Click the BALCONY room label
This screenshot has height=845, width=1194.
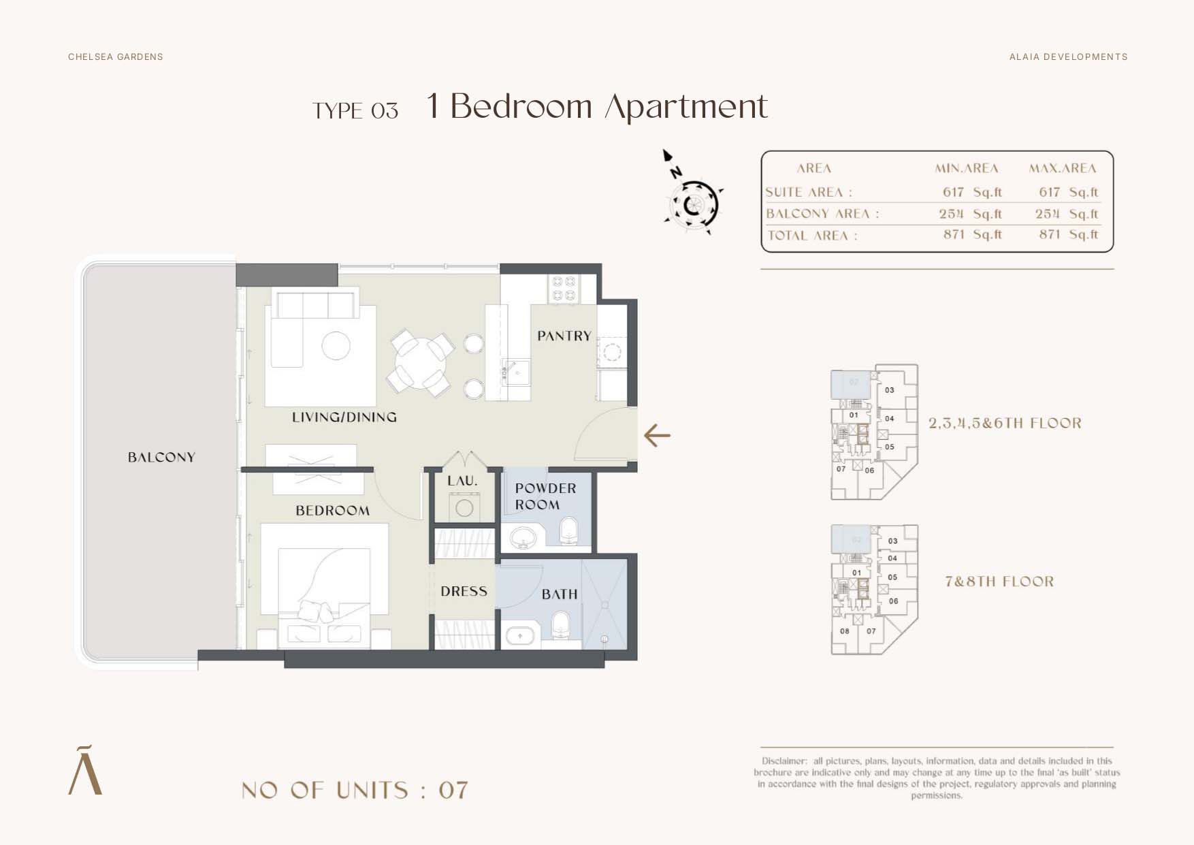pos(161,457)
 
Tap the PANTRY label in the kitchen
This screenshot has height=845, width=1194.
pos(564,336)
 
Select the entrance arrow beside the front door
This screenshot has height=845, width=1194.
pos(657,435)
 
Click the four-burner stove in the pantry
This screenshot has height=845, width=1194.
pos(564,288)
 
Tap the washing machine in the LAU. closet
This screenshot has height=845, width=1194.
pos(464,508)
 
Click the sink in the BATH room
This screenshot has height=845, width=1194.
pos(521,636)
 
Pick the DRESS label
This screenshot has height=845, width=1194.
pos(464,591)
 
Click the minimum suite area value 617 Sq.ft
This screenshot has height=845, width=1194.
pos(971,192)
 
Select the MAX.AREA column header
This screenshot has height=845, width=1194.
pos(1062,168)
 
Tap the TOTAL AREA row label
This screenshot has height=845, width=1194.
pos(812,236)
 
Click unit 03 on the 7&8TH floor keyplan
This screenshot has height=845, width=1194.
pos(892,541)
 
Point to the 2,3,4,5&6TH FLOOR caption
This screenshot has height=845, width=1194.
pos(1005,423)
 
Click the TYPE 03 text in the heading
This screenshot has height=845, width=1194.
pos(355,110)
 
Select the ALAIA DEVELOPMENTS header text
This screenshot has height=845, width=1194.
pos(1068,57)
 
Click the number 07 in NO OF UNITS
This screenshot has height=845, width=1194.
pos(453,790)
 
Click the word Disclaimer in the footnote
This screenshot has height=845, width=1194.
pos(784,761)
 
